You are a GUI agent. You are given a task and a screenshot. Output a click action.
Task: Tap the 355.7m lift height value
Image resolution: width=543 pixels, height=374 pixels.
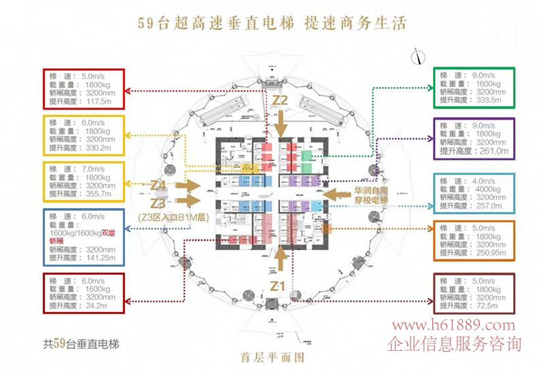[97, 195]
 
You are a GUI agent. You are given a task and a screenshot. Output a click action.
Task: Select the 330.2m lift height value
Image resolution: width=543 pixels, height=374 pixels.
[97, 147]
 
